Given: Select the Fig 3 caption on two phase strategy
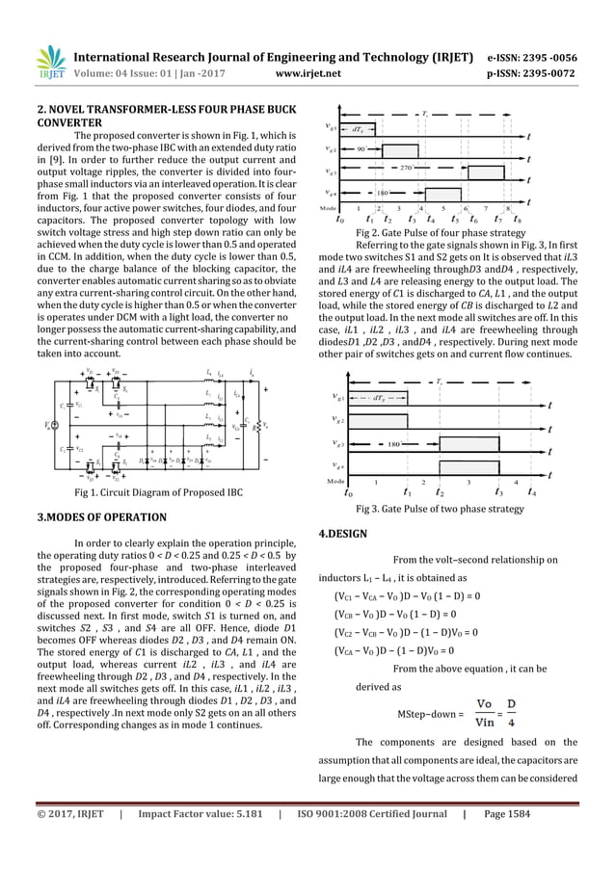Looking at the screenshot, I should [x=441, y=509].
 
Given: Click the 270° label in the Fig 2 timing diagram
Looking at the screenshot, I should [x=434, y=168].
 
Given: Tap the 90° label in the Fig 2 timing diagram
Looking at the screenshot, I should [x=361, y=150].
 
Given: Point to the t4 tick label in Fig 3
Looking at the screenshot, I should [x=533, y=493].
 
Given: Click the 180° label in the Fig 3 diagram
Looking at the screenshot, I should [x=393, y=445].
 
